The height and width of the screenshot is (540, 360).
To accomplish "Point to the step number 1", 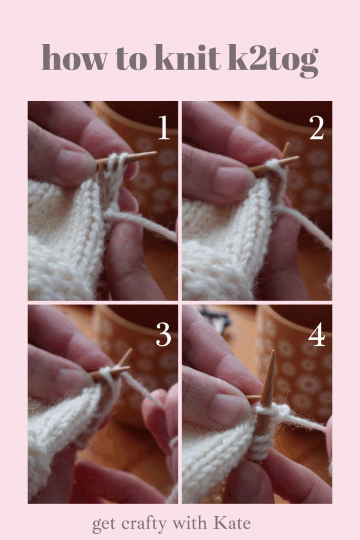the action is [x=164, y=128].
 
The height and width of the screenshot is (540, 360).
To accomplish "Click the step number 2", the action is [x=317, y=128].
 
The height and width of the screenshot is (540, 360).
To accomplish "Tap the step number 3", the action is [x=163, y=334].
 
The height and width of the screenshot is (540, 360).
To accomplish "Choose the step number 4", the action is [x=317, y=334].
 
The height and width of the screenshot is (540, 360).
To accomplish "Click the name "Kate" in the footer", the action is [x=232, y=523].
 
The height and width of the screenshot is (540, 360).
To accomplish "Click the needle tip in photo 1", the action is [x=156, y=152].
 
